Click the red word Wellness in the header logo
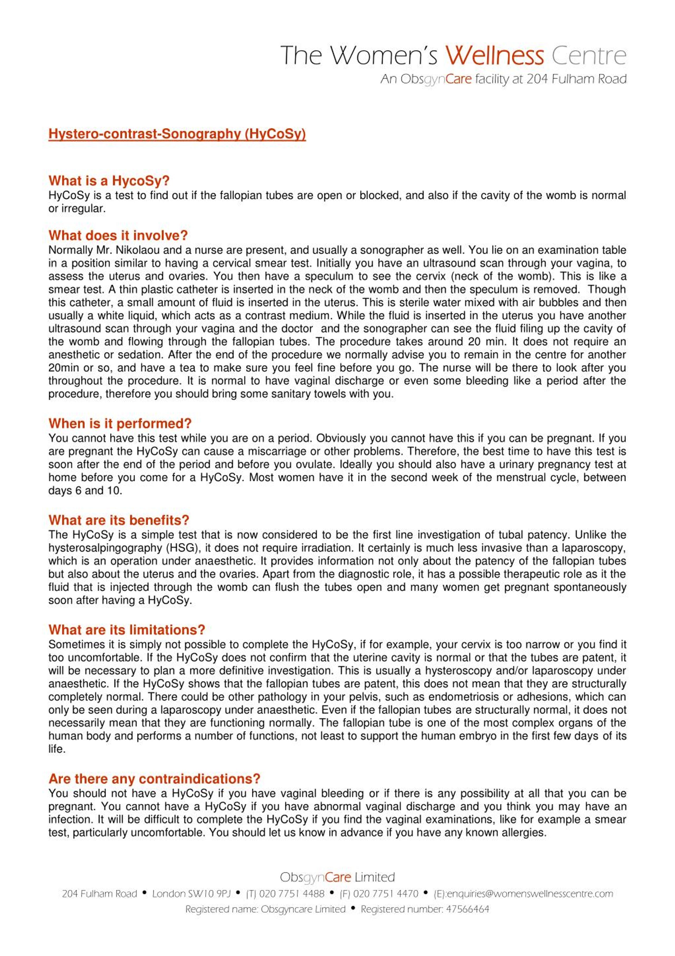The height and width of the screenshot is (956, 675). click(x=494, y=55)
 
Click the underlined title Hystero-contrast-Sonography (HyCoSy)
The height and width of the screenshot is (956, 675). click(x=177, y=134)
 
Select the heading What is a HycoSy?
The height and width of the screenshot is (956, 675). click(x=109, y=181)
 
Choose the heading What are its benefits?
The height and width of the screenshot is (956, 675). click(x=119, y=520)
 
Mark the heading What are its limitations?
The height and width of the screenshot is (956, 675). click(x=127, y=630)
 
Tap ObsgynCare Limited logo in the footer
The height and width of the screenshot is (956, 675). click(x=337, y=877)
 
